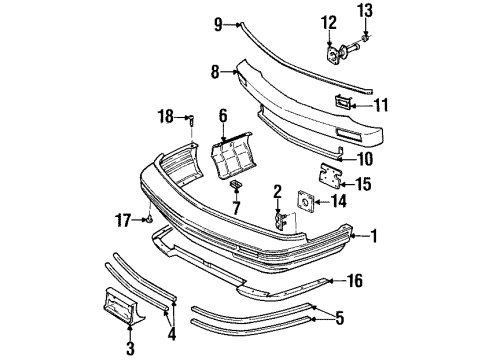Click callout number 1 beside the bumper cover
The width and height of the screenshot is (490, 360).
[375, 237]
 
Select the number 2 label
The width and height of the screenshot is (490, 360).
[277, 190]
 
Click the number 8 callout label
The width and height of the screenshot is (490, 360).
[214, 72]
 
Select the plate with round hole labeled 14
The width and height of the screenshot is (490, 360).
[299, 213]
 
